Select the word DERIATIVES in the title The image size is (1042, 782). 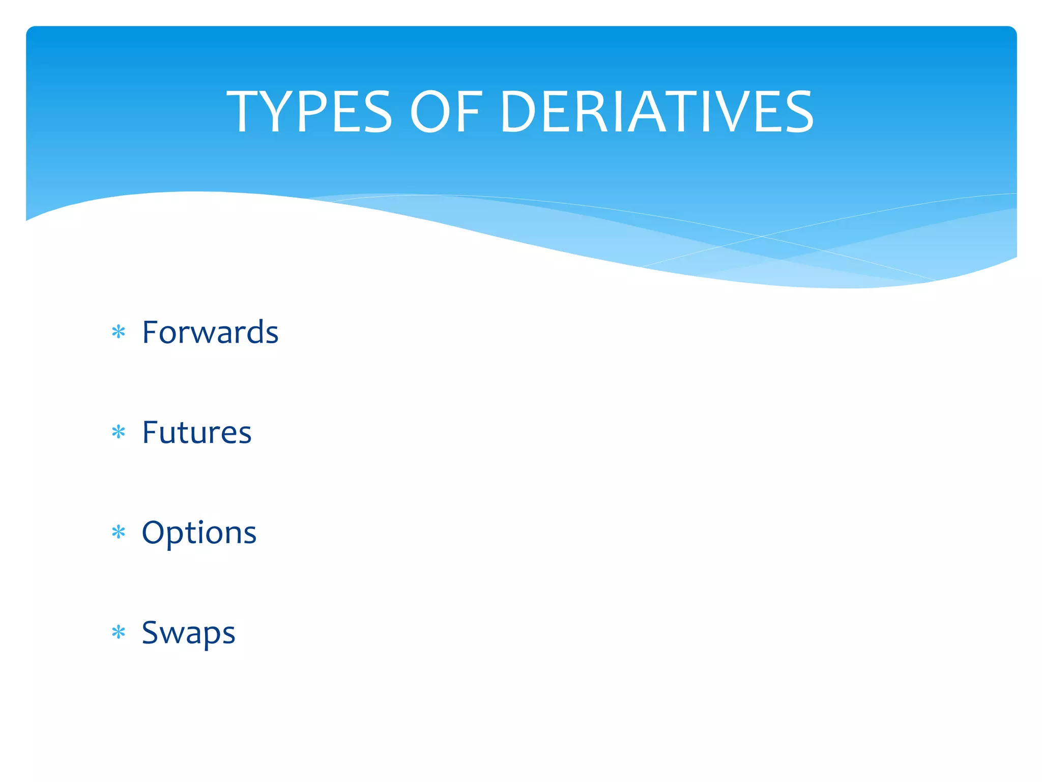(657, 112)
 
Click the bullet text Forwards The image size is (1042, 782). (210, 332)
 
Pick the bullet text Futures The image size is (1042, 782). (197, 433)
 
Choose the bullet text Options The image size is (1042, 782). (199, 533)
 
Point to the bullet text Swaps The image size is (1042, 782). (188, 633)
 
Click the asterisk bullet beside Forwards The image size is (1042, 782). (119, 332)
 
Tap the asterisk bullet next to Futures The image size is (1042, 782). (119, 433)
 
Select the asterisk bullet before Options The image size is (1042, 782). (119, 533)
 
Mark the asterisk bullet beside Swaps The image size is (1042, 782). (119, 632)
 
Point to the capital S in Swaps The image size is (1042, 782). (151, 632)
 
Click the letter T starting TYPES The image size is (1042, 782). (243, 112)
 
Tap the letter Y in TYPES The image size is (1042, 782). (277, 112)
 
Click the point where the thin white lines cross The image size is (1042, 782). (762, 236)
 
